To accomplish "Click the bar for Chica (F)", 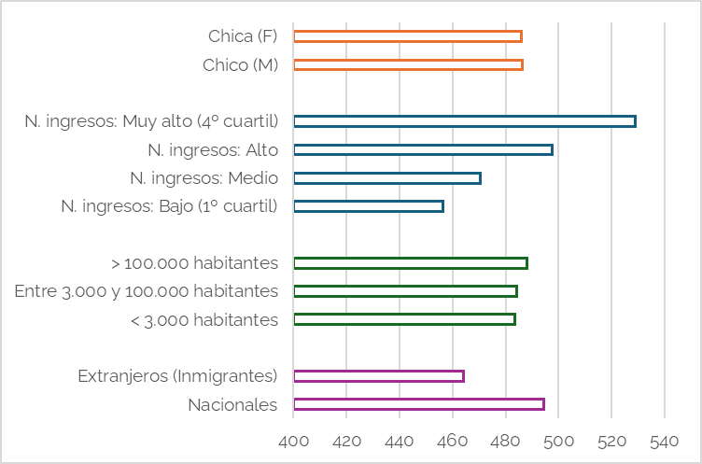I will click(x=407, y=36).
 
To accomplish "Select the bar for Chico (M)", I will click(x=408, y=65).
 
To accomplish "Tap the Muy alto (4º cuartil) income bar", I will click(x=464, y=121).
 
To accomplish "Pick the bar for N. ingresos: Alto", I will click(x=423, y=149).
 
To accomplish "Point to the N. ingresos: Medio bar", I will click(x=386, y=178).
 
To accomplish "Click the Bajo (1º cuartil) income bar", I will click(x=368, y=206).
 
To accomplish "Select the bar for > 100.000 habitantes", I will click(x=410, y=263).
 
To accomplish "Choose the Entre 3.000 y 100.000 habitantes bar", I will click(x=405, y=291).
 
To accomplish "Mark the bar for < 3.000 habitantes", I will click(x=404, y=319).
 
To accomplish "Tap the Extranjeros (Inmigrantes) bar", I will click(x=378, y=376).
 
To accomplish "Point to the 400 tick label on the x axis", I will click(x=293, y=440).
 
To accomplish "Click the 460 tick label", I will click(x=453, y=440).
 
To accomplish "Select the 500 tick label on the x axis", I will click(x=558, y=440).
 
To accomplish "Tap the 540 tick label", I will click(x=665, y=440).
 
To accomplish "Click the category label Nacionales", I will click(x=232, y=405).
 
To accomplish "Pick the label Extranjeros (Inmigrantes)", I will click(x=177, y=376).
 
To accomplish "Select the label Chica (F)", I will click(x=243, y=36).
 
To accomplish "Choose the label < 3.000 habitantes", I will click(x=204, y=320).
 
